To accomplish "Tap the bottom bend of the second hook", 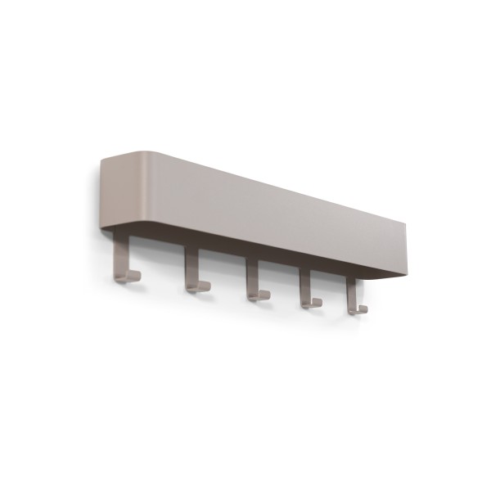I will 193,287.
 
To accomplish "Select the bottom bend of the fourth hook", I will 308,304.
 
